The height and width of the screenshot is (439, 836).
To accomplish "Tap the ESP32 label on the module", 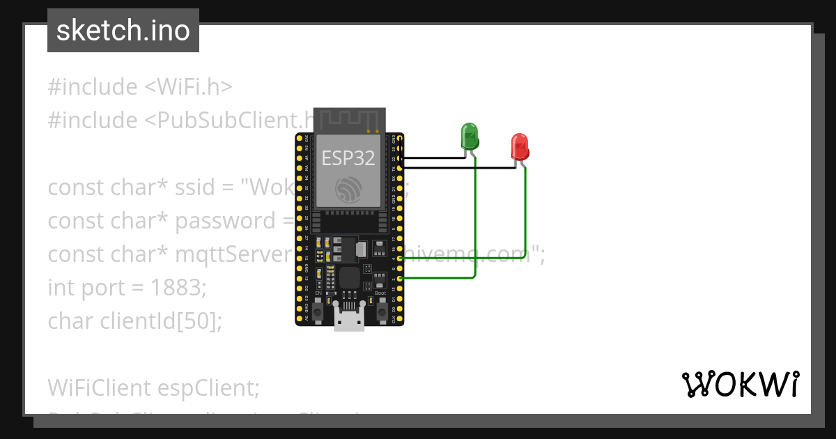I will tap(348, 158).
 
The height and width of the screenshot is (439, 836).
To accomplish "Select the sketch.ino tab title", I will tap(123, 31).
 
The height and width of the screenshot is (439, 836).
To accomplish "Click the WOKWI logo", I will tap(740, 384).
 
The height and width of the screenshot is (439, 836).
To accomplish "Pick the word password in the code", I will tap(225, 221).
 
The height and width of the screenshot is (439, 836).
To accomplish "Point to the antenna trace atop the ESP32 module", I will tap(349, 120).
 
